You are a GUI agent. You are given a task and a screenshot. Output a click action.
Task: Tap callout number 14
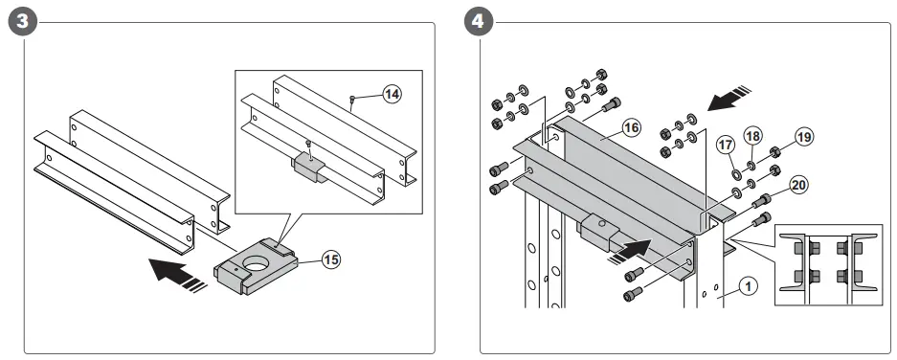[392, 94]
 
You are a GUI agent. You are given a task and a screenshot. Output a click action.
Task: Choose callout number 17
[726, 146]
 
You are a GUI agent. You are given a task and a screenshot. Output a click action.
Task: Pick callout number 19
[803, 138]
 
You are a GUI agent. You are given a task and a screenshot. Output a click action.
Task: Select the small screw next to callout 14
[353, 100]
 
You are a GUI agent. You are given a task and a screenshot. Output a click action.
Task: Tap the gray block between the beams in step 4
[600, 230]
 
